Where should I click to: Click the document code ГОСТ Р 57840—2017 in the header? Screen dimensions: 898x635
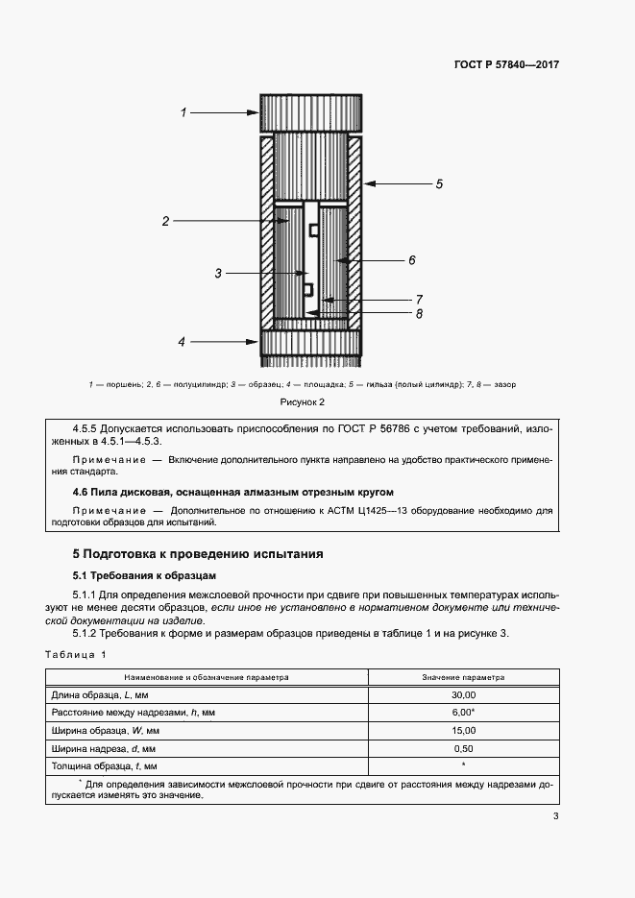click(506, 65)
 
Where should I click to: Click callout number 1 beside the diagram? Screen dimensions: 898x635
click(183, 113)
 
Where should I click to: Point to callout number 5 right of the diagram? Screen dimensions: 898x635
click(439, 182)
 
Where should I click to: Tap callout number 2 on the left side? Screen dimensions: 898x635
click(165, 222)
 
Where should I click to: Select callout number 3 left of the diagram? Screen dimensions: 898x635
click(218, 274)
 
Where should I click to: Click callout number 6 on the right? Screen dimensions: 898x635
click(411, 259)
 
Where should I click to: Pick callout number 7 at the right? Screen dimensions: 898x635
click(420, 299)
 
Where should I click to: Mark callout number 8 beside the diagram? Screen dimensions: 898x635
click(420, 313)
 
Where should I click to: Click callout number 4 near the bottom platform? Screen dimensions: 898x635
click(183, 341)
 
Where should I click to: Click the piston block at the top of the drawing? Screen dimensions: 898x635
click(310, 113)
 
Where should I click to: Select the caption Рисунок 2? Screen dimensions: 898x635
click(303, 401)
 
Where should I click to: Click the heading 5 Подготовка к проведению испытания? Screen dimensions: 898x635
click(199, 554)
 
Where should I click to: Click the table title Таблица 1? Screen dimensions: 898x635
click(76, 654)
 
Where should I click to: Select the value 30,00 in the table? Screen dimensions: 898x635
click(463, 694)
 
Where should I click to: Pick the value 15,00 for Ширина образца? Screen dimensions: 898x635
click(463, 730)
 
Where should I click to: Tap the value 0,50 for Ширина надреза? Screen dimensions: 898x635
click(463, 747)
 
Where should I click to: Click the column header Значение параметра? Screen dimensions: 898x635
click(463, 676)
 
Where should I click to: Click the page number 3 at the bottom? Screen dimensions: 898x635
click(555, 816)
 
